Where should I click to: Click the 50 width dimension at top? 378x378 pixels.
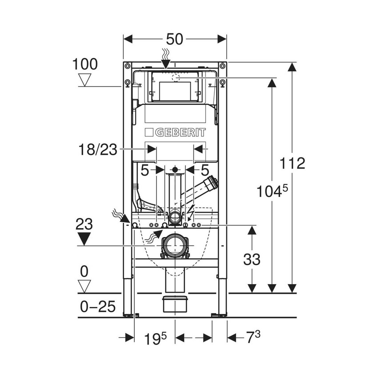(x=175, y=39)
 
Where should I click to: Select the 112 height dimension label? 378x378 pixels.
(x=294, y=163)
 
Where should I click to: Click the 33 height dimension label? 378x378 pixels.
(x=252, y=259)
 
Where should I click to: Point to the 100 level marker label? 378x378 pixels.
(x=85, y=64)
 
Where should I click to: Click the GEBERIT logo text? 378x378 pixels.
(x=175, y=133)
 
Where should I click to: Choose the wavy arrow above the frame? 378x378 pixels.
(x=165, y=58)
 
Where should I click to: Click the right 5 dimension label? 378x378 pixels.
(x=205, y=169)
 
